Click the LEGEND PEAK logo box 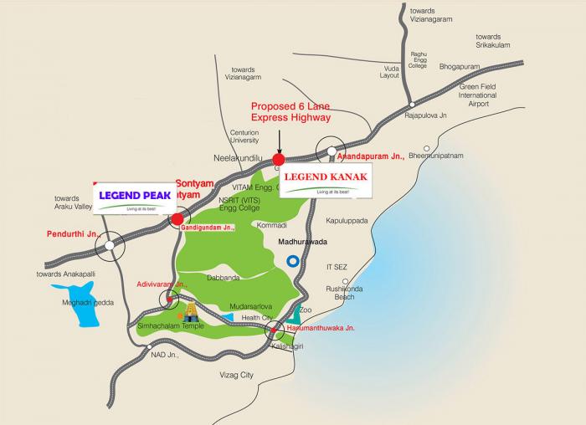click(134, 198)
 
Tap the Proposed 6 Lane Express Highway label click(291, 112)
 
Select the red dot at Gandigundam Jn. click(177, 220)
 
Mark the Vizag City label click(236, 375)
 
